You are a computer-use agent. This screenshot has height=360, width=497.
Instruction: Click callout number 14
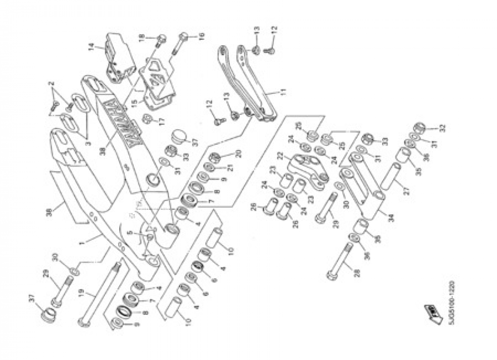tap(91, 48)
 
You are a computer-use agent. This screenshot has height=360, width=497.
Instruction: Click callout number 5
tap(130, 232)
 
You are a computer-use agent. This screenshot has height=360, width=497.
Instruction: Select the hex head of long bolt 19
tap(82, 321)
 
